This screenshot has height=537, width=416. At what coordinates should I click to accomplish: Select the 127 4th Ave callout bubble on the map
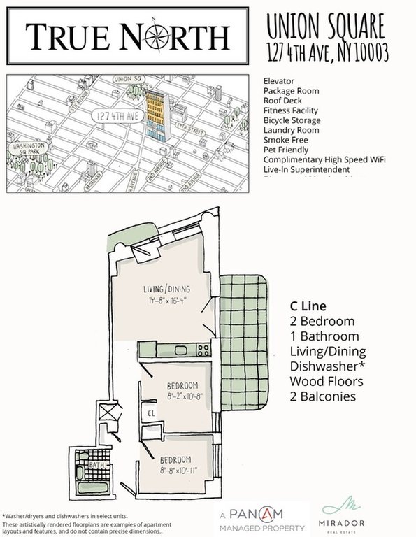coord(115,116)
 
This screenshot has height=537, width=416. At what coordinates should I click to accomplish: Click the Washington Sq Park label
coord(29,148)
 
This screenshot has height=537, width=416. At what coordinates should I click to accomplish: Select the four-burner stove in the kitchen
coord(204,350)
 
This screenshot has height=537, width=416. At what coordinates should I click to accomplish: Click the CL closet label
coord(150,413)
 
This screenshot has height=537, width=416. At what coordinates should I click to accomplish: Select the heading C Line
coord(308,306)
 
